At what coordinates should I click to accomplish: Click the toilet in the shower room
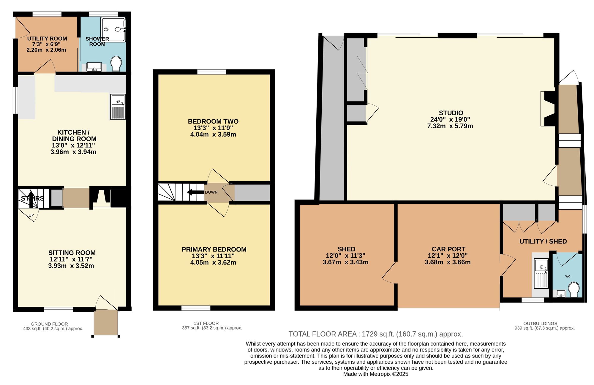coord(116,64)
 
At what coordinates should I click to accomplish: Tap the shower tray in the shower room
coord(113,30)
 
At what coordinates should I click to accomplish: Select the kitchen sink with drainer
coord(118,107)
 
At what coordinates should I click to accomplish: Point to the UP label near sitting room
coord(31,215)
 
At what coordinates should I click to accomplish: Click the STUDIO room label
coord(451,113)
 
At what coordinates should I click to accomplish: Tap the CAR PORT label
coord(448,249)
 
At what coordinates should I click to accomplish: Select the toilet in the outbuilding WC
coord(574,289)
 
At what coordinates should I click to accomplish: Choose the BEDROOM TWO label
coord(213,121)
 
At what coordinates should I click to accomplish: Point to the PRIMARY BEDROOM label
coord(214,249)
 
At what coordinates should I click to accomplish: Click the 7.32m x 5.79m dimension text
coord(450,126)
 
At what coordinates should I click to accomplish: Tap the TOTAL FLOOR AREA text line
coord(376,334)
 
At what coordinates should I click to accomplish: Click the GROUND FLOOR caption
coord(49,324)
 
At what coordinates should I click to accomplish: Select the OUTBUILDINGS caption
coord(540,324)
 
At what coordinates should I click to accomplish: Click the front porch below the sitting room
coord(106,322)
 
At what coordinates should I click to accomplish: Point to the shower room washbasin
coord(94,67)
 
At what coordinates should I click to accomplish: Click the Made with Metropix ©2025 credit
coord(376,374)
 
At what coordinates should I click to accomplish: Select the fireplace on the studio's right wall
coord(548,109)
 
